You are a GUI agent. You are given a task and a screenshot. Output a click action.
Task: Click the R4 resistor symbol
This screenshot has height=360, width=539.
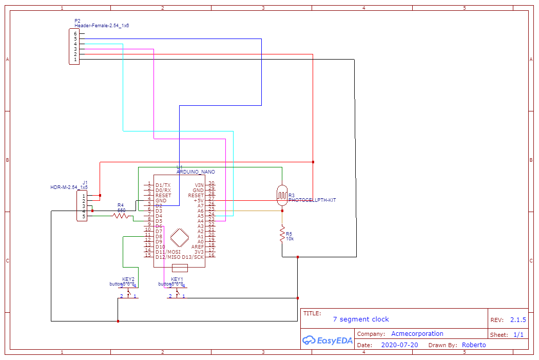point(121,216)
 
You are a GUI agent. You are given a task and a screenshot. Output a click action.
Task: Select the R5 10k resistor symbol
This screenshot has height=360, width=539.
point(282,234)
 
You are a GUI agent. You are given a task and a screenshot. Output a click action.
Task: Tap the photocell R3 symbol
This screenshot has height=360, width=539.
point(281,194)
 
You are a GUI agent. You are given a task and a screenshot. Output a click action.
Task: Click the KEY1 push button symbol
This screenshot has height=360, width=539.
point(177,293)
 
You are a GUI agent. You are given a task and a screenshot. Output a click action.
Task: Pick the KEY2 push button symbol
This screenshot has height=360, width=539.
point(128,293)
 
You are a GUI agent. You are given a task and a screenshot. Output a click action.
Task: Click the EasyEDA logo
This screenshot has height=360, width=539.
point(327,340)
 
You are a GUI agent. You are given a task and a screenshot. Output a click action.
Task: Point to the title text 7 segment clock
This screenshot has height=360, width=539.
point(361,319)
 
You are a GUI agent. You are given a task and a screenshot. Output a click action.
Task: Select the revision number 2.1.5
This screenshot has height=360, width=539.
point(518,319)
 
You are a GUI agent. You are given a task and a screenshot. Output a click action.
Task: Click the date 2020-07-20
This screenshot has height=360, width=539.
point(399,345)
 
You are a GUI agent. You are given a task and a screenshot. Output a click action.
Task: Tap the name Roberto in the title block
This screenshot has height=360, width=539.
point(473,345)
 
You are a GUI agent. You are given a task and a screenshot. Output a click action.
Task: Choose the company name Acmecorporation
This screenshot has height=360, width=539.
point(417,334)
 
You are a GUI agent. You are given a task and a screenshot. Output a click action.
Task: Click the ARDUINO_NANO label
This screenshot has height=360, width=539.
point(196,172)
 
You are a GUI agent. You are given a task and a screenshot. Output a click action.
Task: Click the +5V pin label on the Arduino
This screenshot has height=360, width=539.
point(198,200)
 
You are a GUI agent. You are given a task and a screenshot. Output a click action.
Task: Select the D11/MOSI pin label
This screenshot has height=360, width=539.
point(168,252)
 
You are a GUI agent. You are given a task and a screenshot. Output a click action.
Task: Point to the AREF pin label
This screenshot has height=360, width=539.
point(197,247)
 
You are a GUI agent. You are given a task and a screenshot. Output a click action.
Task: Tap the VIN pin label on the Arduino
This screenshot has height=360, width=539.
point(199,185)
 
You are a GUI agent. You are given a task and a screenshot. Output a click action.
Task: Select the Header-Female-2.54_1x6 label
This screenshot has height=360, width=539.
point(102,25)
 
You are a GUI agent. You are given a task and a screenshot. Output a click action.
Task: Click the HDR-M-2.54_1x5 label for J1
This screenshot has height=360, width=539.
point(69,187)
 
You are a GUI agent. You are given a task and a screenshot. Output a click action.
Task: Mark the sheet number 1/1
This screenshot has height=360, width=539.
point(518,335)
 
